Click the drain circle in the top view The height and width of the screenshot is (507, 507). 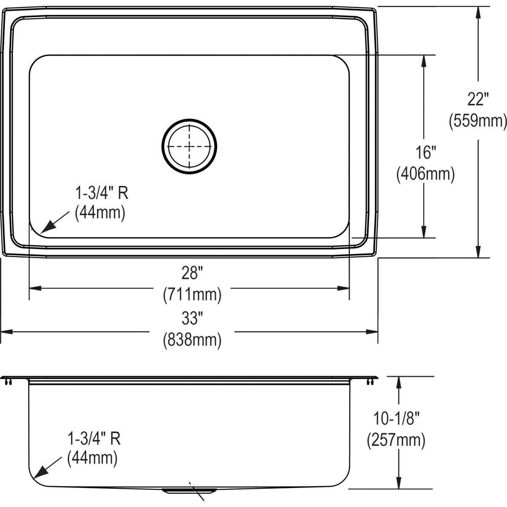coord(189,146)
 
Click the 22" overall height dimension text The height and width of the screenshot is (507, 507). coord(478,100)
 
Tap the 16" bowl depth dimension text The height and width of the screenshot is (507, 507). coord(425,152)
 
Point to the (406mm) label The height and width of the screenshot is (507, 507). coord(425,174)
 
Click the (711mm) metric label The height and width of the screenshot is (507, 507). coord(192,294)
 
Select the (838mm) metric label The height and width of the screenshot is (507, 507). coord(192,339)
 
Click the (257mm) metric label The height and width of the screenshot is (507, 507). coord(396,440)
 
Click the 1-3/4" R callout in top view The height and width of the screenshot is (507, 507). coord(101,194)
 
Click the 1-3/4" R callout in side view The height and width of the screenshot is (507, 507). coord(94,438)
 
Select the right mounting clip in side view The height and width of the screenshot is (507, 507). coord(370,382)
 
